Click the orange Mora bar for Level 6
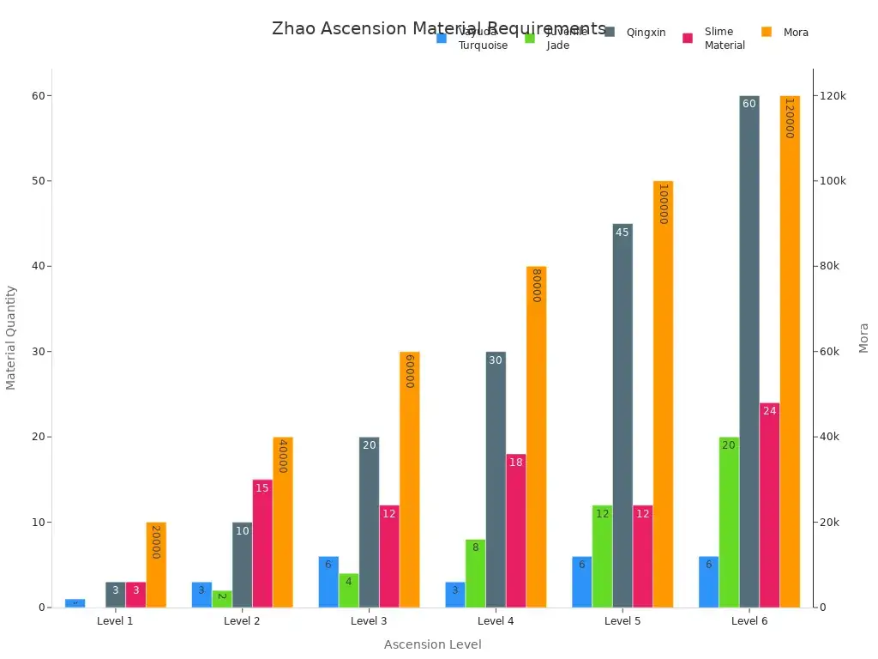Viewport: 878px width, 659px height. [790, 352]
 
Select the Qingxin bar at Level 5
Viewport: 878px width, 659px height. [622, 415]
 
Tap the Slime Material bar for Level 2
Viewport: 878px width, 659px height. [262, 543]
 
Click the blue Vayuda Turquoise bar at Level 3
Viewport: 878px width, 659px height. [328, 582]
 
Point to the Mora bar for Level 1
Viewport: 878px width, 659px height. [156, 565]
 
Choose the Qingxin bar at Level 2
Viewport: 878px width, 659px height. [242, 565]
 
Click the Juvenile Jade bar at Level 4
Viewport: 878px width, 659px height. [475, 573]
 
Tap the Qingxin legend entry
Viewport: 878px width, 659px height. [634, 33]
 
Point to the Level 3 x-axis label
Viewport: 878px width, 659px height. [369, 621]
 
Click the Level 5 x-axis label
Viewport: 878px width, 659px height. [622, 621]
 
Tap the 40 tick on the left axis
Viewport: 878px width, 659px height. [35, 266]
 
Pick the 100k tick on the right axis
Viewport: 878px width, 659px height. [833, 181]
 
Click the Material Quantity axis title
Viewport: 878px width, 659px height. [11, 337]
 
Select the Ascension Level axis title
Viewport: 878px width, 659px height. [432, 644]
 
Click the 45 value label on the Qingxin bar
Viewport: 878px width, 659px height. [622, 233]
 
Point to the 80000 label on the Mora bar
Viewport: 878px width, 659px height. [537, 286]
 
